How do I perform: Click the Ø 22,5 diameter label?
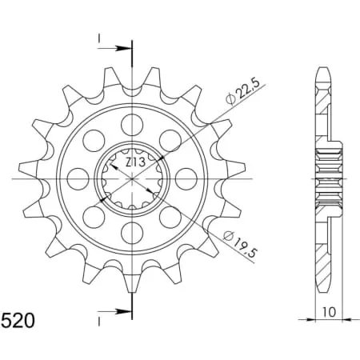[242, 91]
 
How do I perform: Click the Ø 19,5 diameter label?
[240, 244]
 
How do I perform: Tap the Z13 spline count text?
[135, 162]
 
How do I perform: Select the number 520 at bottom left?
[18, 321]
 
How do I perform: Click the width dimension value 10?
[328, 312]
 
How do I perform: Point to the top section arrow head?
[124, 48]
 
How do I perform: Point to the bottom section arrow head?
[124, 311]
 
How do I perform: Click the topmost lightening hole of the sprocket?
[132, 124]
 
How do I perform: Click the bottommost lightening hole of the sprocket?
[132, 233]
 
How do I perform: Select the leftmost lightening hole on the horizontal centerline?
[78, 179]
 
